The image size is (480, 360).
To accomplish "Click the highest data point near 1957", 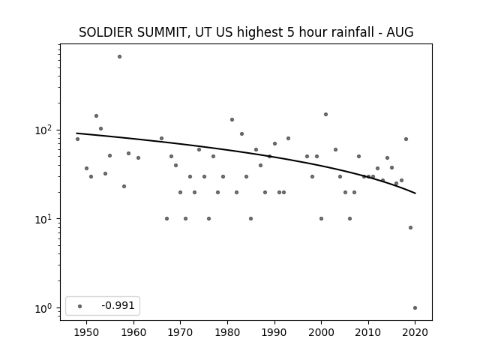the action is pyautogui.click(x=119, y=57).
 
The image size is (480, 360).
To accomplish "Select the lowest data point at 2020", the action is pyautogui.click(x=415, y=308).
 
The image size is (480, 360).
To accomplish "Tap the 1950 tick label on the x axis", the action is pyautogui.click(x=87, y=332).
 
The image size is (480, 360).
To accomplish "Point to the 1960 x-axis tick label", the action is pyautogui.click(x=133, y=332).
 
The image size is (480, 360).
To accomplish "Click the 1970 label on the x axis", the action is pyautogui.click(x=180, y=332).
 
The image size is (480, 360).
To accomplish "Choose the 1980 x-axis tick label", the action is pyautogui.click(x=227, y=332).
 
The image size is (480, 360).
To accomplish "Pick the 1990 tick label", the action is pyautogui.click(x=274, y=332).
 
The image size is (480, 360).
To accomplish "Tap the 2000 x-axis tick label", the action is pyautogui.click(x=321, y=332).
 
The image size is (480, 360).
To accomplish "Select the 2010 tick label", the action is pyautogui.click(x=368, y=332).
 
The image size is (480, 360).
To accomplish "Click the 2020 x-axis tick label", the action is pyautogui.click(x=415, y=332).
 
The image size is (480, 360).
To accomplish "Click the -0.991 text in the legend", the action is pyautogui.click(x=118, y=305).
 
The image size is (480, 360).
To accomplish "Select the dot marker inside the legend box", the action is pyautogui.click(x=80, y=306).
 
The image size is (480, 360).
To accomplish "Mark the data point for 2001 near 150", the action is pyautogui.click(x=325, y=115).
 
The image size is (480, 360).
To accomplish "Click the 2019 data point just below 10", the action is pyautogui.click(x=410, y=227).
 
